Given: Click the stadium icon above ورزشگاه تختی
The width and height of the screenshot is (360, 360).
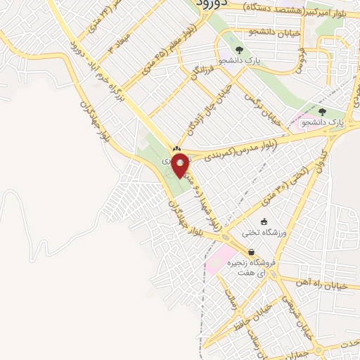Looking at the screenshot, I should [264, 221].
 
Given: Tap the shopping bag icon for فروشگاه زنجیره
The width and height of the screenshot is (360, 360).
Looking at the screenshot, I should [251, 252].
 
